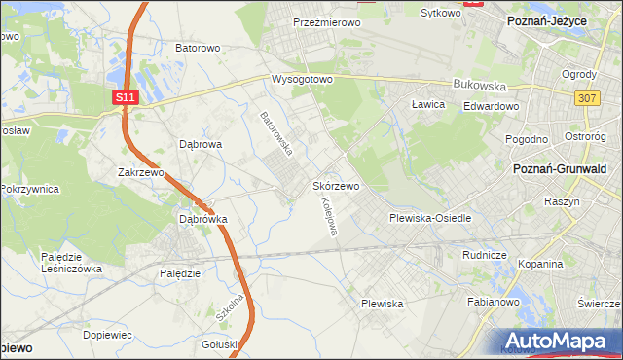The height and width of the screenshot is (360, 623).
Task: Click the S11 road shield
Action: tap(125, 97)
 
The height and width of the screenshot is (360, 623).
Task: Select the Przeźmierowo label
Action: tap(327, 21)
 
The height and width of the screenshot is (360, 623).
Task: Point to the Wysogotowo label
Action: tap(302, 79)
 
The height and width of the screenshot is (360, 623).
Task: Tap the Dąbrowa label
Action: tap(202, 143)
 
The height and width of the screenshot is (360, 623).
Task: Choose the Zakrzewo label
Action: tap(139, 172)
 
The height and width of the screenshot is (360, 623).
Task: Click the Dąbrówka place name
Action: tap(202, 219)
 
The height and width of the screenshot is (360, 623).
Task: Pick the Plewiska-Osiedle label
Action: tap(430, 218)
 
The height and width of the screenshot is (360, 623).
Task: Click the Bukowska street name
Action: tap(479, 86)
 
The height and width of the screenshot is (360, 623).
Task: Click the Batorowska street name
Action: tap(276, 133)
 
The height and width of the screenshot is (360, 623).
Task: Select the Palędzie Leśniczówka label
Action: tap(72, 263)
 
